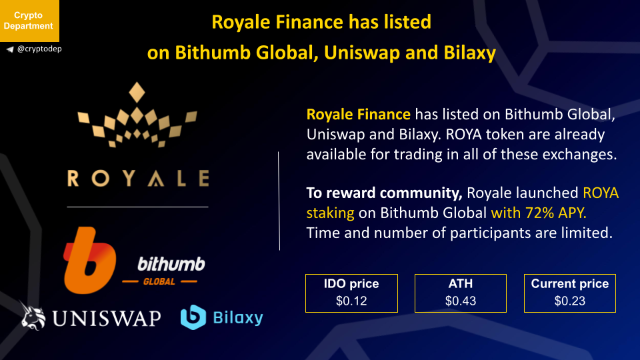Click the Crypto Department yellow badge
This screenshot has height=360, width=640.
coord(29,21)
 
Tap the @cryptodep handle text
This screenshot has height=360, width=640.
coord(39,49)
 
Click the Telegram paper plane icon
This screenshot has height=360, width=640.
coord(10,49)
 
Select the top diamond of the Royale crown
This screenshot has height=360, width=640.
coord(137,92)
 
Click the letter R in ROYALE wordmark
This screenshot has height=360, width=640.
coord(73,179)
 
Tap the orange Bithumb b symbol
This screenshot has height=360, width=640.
coord(89,261)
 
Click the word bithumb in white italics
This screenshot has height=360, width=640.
coord(171,265)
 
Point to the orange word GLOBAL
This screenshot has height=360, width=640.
coord(159,281)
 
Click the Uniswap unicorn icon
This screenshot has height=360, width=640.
coord(33,315)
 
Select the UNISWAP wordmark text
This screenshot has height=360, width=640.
coord(107,319)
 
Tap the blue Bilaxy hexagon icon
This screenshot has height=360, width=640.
coord(193,317)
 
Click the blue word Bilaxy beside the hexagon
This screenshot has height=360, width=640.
coord(238,317)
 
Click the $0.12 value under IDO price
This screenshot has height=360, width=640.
coord(351,301)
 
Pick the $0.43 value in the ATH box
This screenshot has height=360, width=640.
coord(461,301)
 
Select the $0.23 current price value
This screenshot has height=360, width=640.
coord(570,301)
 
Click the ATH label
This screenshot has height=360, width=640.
coord(461,284)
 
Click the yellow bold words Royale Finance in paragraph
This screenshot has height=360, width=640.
coord(359,114)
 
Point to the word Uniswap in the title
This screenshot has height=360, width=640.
coord(362,53)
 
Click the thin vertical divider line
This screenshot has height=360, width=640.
coord(279,201)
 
